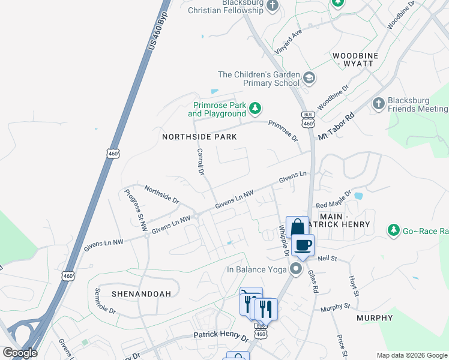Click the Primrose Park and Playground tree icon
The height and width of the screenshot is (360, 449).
pyautogui.click(x=256, y=108)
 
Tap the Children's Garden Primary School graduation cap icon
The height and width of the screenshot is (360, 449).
pyautogui.click(x=309, y=77)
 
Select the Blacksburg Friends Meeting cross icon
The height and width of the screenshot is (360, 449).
pyautogui.click(x=378, y=104)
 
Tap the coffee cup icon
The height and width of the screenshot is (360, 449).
pyautogui.click(x=303, y=245)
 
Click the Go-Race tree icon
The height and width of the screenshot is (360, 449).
pyautogui.click(x=393, y=230)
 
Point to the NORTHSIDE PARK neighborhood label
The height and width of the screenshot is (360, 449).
pyautogui.click(x=200, y=137)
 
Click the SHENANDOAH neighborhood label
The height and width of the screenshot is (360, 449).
pyautogui.click(x=141, y=293)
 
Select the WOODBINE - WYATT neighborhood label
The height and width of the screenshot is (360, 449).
pyautogui.click(x=355, y=59)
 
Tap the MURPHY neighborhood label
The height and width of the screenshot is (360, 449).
pyautogui.click(x=375, y=317)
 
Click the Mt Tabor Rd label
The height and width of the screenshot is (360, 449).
pyautogui.click(x=337, y=128)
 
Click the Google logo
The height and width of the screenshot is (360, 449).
pyautogui.click(x=20, y=353)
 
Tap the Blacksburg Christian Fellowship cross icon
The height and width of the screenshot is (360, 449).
pyautogui.click(x=273, y=5)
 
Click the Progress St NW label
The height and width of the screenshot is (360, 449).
pyautogui.click(x=136, y=209)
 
